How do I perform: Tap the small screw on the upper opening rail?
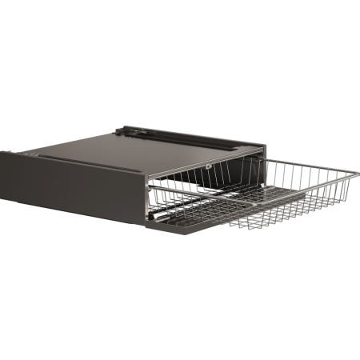[208, 166]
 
